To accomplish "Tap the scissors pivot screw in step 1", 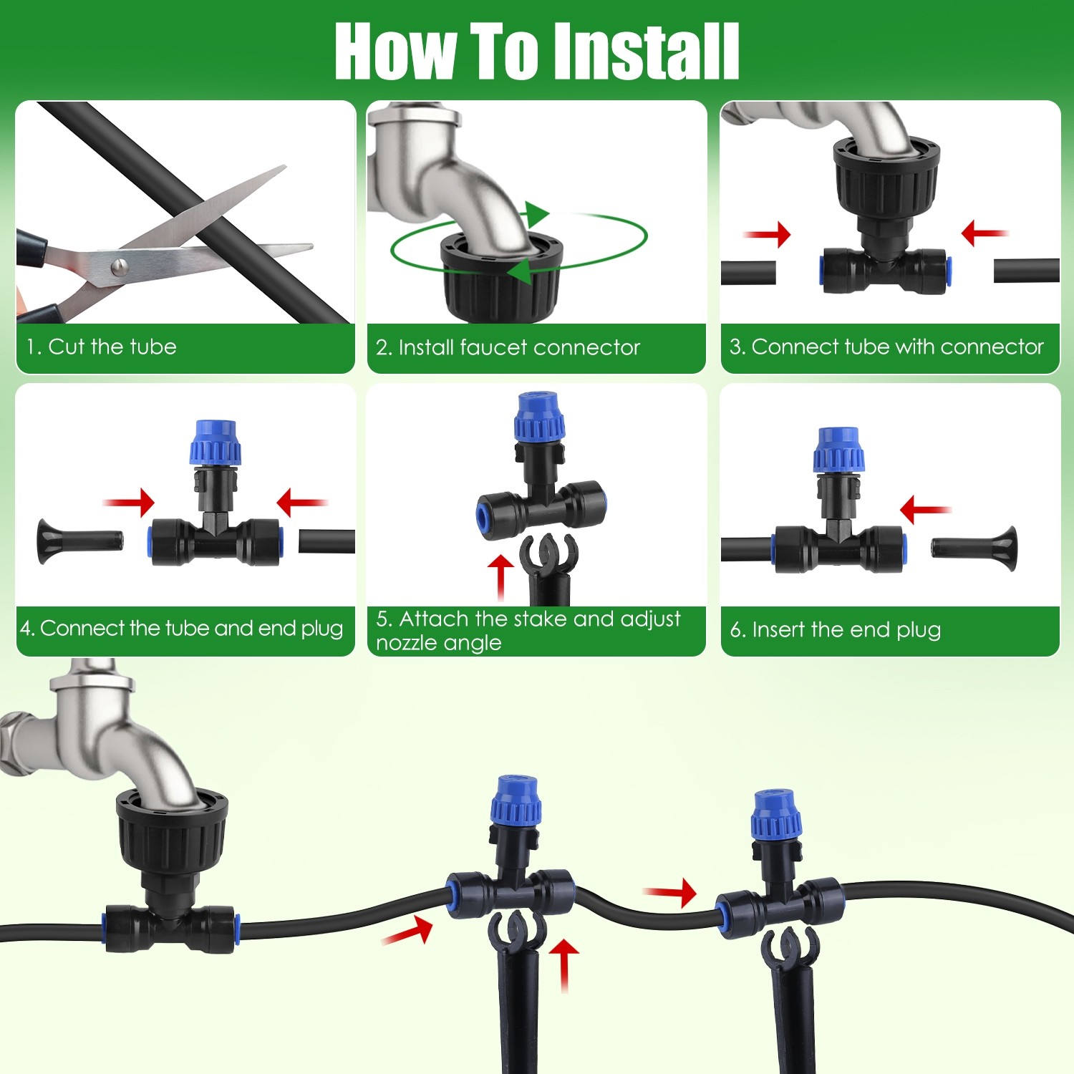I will click(120, 268).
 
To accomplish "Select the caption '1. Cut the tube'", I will click(101, 347).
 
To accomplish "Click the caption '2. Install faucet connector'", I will click(508, 348).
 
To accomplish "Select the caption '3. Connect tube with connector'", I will click(886, 347).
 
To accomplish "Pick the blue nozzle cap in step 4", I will click(215, 444).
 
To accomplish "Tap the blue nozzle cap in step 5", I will click(540, 417).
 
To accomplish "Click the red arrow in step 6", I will click(924, 510).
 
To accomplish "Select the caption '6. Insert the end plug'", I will click(835, 630).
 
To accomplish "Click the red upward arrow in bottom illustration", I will click(564, 963).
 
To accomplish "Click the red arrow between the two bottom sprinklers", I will click(670, 892).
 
